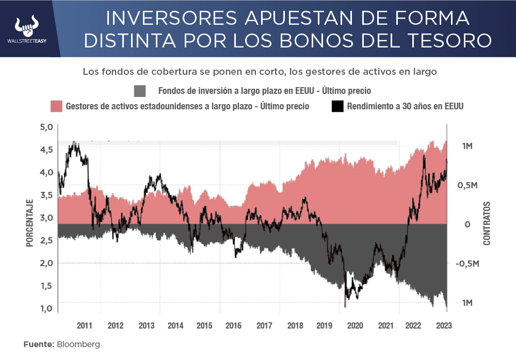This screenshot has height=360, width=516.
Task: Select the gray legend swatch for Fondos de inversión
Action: tap(140, 91)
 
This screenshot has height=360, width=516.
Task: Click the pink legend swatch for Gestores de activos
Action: tap(56, 106)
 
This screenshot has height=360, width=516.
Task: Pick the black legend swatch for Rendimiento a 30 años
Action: tap(337, 106)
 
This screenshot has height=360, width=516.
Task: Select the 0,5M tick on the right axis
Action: tap(467, 185)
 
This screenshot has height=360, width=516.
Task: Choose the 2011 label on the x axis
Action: tap(85, 325)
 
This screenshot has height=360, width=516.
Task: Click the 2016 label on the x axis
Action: tap(234, 325)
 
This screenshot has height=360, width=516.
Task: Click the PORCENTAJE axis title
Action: tap(30, 223)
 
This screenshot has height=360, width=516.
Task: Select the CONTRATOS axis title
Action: tap(487, 223)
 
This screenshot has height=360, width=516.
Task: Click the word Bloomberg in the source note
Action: tap(78, 344)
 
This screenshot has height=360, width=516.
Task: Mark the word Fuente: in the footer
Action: tap(39, 344)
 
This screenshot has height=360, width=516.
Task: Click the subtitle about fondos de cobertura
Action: tap(260, 72)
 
